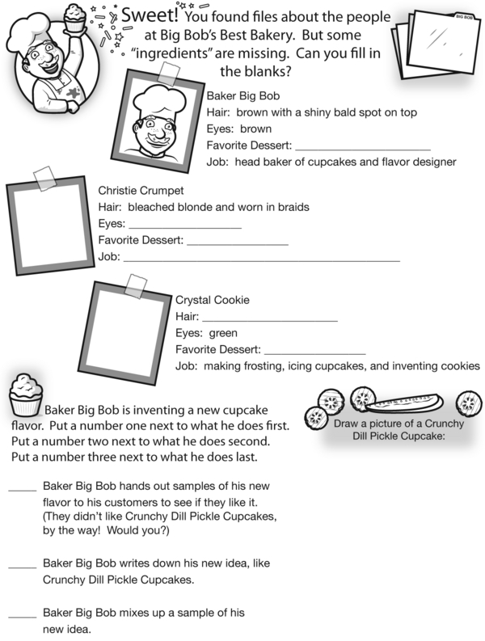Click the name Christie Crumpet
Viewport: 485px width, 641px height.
point(141,191)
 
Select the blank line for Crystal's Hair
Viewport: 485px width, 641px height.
point(269,320)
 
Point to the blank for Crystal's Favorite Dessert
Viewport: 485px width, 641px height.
point(314,353)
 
